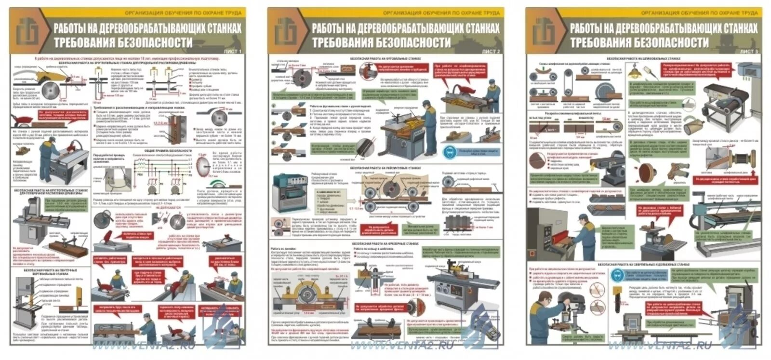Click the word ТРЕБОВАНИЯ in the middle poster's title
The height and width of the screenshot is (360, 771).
tap(352, 42)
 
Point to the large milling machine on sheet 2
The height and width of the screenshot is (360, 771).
tap(460, 294)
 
